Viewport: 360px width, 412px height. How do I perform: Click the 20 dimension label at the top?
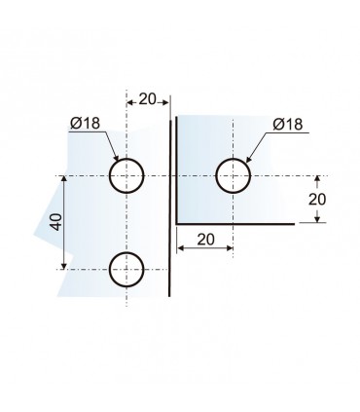tap(148, 98)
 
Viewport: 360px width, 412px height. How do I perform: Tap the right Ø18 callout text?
tap(288, 125)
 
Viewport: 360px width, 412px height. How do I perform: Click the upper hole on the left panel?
tap(126, 176)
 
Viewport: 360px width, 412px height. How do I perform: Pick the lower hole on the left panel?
tap(126, 268)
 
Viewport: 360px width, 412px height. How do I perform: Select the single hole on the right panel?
tap(233, 176)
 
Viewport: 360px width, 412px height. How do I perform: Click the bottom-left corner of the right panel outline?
tap(177, 222)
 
